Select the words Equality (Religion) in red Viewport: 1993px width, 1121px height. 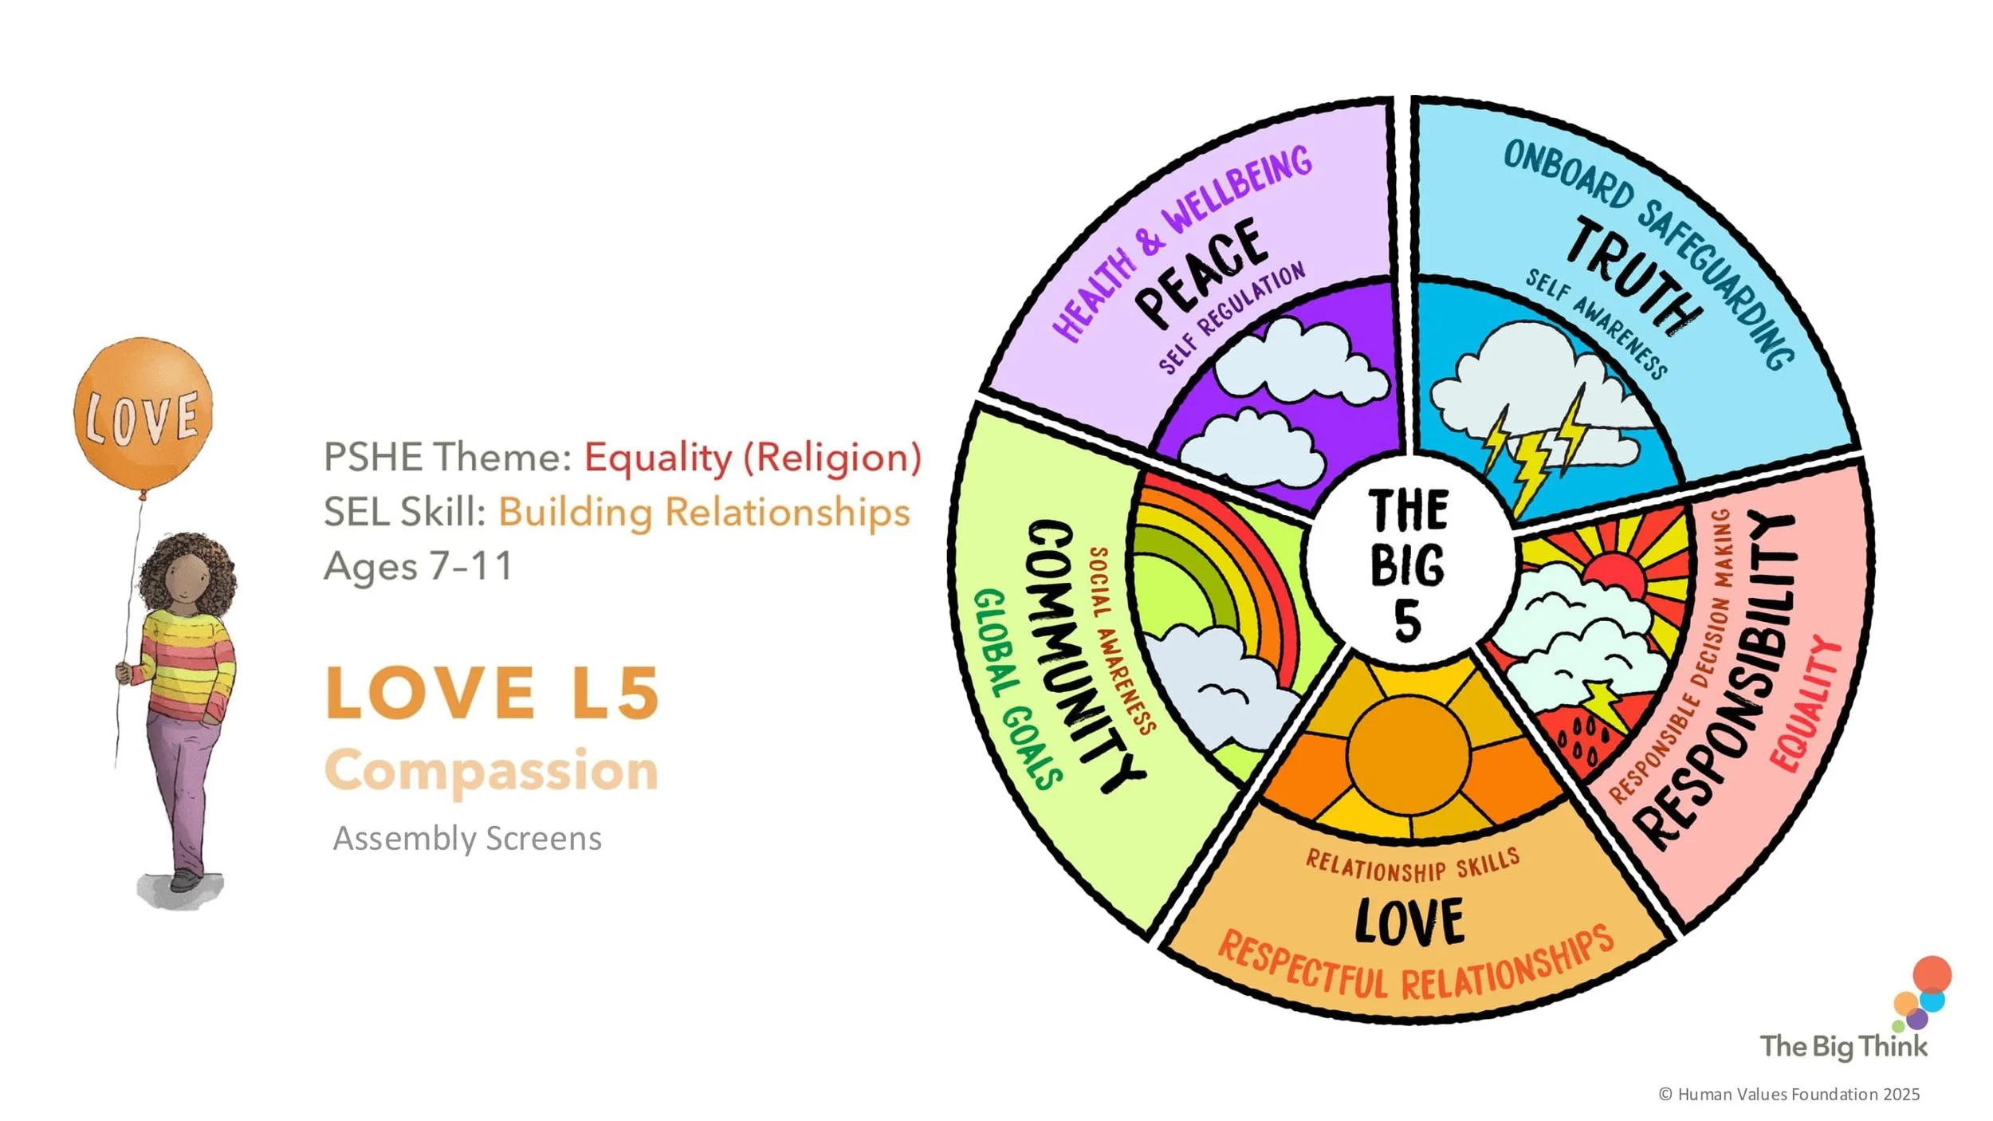pyautogui.click(x=753, y=458)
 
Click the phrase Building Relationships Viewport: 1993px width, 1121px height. pyautogui.click(x=704, y=512)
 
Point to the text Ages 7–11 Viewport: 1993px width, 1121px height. pyautogui.click(x=419, y=567)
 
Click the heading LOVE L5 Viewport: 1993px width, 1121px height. pyautogui.click(x=493, y=693)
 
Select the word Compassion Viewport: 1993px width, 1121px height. pyautogui.click(x=491, y=771)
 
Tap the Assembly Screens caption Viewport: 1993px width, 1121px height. pyautogui.click(x=467, y=839)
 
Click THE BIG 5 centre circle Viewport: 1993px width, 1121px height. pyautogui.click(x=1408, y=563)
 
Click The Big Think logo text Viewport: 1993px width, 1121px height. pyautogui.click(x=1843, y=1046)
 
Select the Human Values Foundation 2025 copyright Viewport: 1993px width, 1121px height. pyautogui.click(x=1790, y=1095)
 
